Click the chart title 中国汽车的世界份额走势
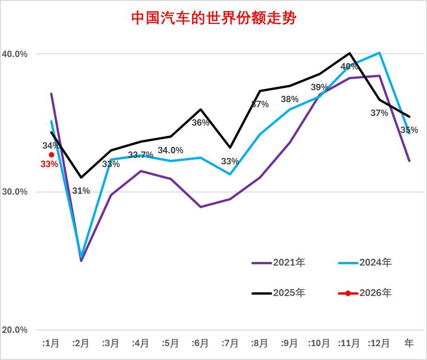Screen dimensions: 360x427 (x=214, y=18)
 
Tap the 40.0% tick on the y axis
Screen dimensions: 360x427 (x=15, y=54)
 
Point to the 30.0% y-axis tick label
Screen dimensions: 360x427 (x=15, y=192)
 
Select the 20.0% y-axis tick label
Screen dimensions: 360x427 (x=15, y=330)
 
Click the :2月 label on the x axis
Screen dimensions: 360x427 (x=80, y=343)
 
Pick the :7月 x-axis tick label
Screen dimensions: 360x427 (x=230, y=343)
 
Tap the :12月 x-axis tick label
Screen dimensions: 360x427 (x=378, y=343)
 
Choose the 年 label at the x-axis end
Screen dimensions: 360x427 (x=409, y=343)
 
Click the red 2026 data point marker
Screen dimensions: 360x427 (x=51, y=155)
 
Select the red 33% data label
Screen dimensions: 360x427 (x=49, y=164)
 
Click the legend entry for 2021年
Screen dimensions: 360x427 (x=279, y=263)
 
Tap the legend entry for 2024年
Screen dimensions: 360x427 (x=365, y=263)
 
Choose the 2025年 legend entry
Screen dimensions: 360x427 (x=279, y=293)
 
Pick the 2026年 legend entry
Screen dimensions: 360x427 (x=365, y=293)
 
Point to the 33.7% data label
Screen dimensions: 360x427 (x=141, y=155)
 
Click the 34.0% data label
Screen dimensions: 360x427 (x=171, y=151)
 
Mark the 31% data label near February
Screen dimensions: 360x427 (x=81, y=191)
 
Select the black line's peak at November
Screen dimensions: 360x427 (x=350, y=53)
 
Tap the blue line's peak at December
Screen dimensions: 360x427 (x=380, y=52)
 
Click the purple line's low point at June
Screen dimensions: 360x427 (x=200, y=207)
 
